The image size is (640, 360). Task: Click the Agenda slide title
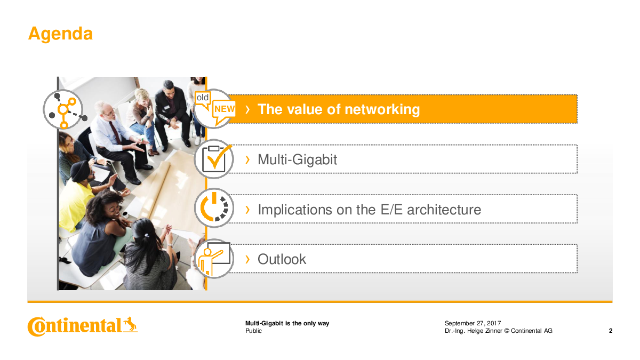pyautogui.click(x=60, y=34)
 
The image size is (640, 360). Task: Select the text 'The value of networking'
pyautogui.click(x=339, y=109)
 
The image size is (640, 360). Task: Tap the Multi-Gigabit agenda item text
pyautogui.click(x=297, y=159)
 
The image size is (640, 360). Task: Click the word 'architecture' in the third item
pyautogui.click(x=444, y=210)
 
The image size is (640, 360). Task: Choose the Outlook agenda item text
pyautogui.click(x=282, y=259)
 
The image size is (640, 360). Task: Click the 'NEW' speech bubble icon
pyautogui.click(x=224, y=111)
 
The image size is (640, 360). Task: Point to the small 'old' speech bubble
pyautogui.click(x=203, y=99)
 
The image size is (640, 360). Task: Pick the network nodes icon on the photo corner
pyautogui.click(x=63, y=109)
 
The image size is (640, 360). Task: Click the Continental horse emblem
pyautogui.click(x=131, y=325)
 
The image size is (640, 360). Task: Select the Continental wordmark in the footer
pyautogui.click(x=75, y=326)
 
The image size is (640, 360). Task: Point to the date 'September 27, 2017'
pyautogui.click(x=473, y=323)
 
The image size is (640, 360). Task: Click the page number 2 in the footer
pyautogui.click(x=611, y=331)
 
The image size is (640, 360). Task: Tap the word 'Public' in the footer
pyautogui.click(x=253, y=331)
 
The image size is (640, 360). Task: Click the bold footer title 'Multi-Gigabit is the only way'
pyautogui.click(x=287, y=323)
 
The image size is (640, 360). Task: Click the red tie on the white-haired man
pyautogui.click(x=115, y=133)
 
